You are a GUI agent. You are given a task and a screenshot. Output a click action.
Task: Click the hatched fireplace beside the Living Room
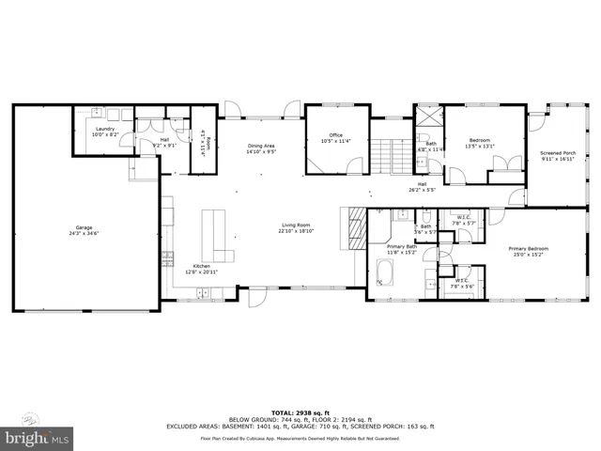(356, 228)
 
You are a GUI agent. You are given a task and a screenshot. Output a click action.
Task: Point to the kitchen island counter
(217, 235)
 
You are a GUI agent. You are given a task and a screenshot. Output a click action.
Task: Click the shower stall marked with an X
(429, 118)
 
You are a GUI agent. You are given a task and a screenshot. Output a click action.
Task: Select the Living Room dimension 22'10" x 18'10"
(297, 230)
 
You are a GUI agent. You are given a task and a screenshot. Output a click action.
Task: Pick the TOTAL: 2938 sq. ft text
(300, 412)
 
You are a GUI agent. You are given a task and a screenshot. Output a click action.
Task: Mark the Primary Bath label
(400, 249)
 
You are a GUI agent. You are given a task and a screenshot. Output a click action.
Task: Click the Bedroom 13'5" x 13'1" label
(480, 143)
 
